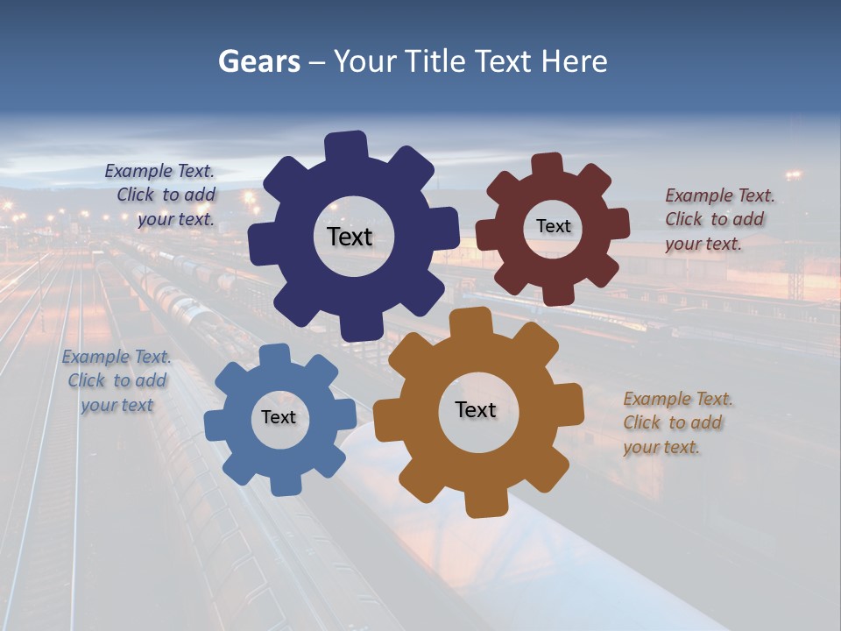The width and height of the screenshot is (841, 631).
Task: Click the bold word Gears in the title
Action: (258, 61)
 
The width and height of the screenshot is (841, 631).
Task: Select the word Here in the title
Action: (575, 61)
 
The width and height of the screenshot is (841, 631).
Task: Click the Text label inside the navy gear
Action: (350, 237)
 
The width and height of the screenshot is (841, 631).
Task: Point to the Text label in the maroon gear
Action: (553, 226)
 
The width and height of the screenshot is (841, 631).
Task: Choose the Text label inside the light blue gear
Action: (279, 417)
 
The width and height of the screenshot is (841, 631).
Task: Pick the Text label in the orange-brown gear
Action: (476, 409)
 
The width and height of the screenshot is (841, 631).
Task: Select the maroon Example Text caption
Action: (718, 219)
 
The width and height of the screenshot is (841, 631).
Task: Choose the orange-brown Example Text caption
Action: (677, 422)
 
